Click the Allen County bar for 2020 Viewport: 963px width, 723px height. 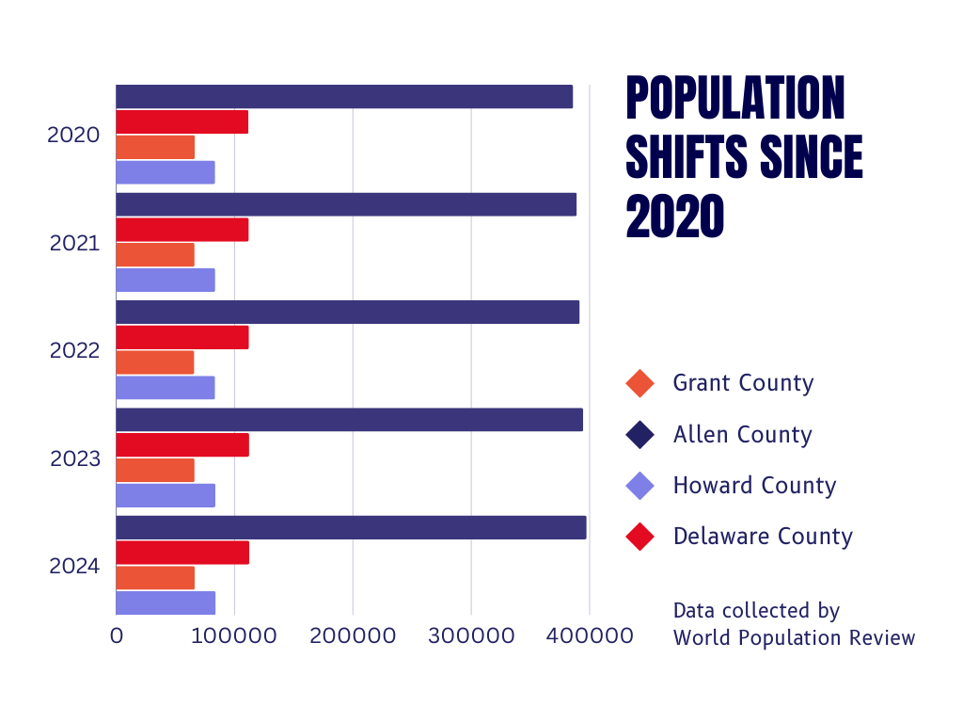click(x=344, y=97)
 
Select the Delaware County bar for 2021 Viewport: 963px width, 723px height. click(x=182, y=230)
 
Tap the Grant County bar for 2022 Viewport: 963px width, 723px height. click(x=155, y=362)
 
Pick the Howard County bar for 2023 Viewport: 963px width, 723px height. click(x=166, y=495)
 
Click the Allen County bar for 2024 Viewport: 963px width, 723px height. click(x=351, y=528)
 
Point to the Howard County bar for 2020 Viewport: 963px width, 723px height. click(x=166, y=172)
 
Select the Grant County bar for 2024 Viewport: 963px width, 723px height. click(x=155, y=578)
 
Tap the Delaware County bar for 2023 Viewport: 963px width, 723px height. click(x=182, y=445)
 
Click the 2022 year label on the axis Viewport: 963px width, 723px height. click(x=74, y=351)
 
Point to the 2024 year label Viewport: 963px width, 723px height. click(x=74, y=567)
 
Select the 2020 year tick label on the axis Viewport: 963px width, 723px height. click(x=73, y=136)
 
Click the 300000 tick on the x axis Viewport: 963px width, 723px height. click(x=471, y=636)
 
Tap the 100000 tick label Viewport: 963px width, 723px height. click(x=234, y=636)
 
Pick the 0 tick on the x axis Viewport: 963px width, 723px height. click(x=117, y=636)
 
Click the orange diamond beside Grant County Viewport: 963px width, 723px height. click(x=639, y=384)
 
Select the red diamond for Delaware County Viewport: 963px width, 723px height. click(x=639, y=538)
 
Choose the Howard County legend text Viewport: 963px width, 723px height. click(x=754, y=486)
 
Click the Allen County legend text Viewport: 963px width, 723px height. click(x=742, y=435)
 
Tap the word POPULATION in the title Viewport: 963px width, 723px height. click(x=735, y=98)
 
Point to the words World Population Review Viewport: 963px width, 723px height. click(x=794, y=637)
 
